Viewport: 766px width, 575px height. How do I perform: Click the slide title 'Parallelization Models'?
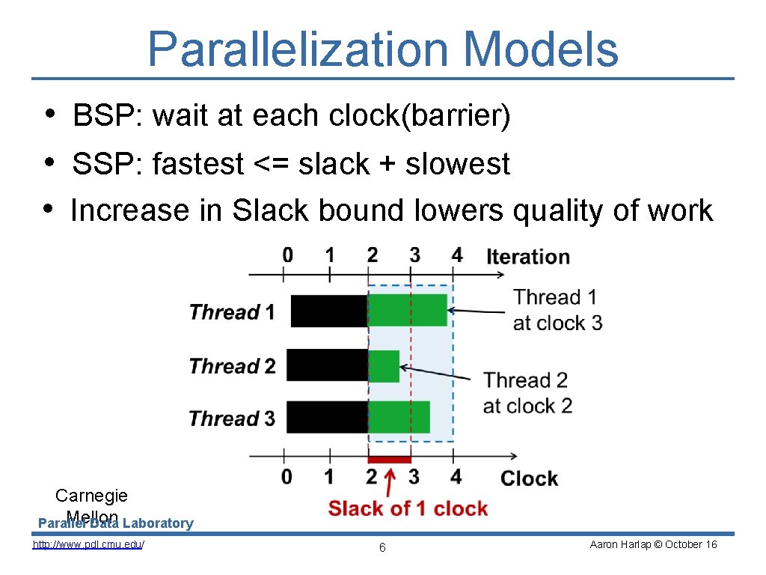click(x=383, y=49)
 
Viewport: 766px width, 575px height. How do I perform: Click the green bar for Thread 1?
click(x=407, y=310)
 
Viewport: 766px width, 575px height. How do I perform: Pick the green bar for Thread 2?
click(x=384, y=365)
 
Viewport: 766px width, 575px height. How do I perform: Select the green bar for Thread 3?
click(x=399, y=417)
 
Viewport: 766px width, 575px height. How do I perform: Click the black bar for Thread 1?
click(x=328, y=311)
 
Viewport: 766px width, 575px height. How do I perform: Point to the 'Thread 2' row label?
click(x=232, y=366)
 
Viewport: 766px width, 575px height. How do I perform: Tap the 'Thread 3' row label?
click(x=232, y=419)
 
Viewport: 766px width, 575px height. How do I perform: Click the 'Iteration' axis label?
click(x=527, y=257)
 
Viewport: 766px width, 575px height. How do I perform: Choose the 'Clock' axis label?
click(x=529, y=478)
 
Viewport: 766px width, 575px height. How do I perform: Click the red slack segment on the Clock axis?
click(x=389, y=459)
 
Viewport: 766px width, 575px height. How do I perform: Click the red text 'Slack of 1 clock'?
click(x=408, y=509)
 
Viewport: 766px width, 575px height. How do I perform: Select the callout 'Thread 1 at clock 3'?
click(x=557, y=310)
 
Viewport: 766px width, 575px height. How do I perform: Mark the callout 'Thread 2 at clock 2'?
click(x=527, y=392)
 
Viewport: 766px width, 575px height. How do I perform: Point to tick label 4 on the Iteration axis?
click(x=456, y=255)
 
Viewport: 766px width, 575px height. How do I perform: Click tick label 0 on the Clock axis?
click(x=287, y=476)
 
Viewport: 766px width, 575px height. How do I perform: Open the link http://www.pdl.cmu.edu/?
click(x=88, y=544)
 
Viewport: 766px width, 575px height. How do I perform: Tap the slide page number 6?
click(x=382, y=548)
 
